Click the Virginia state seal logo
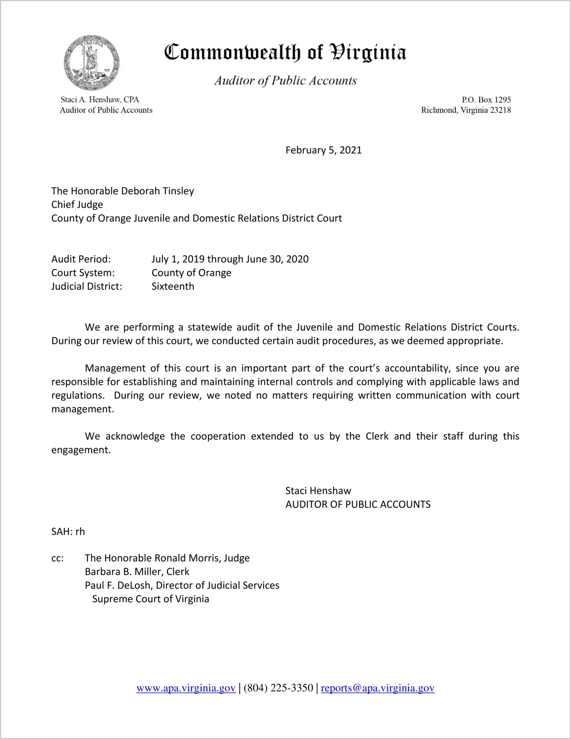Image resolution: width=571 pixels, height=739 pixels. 91,63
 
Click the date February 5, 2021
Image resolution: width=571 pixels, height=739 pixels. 323,150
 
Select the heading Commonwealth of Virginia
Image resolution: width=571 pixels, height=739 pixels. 285,52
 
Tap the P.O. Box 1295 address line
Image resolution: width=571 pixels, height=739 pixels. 486,100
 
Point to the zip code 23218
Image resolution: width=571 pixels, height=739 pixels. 500,110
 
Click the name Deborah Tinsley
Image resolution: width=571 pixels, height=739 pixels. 157,191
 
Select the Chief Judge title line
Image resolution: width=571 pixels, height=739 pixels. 77,205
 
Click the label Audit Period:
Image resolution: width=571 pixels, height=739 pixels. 81,259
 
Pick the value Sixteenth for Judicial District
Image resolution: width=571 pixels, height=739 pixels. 173,286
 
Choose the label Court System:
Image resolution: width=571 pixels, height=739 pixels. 83,273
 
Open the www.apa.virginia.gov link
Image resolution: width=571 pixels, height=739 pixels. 186,688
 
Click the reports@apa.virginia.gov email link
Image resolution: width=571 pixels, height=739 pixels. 378,688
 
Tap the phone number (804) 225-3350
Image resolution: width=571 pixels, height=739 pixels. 278,688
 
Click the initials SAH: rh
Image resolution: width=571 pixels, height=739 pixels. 68,532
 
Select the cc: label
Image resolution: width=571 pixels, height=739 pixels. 57,558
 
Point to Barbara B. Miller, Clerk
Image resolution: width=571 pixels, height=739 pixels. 137,572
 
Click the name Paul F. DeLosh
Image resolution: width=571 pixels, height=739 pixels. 118,586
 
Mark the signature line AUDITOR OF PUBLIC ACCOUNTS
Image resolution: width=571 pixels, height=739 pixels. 358,504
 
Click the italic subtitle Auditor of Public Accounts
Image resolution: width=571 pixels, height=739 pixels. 285,81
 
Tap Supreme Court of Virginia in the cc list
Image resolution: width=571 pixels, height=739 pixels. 151,599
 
